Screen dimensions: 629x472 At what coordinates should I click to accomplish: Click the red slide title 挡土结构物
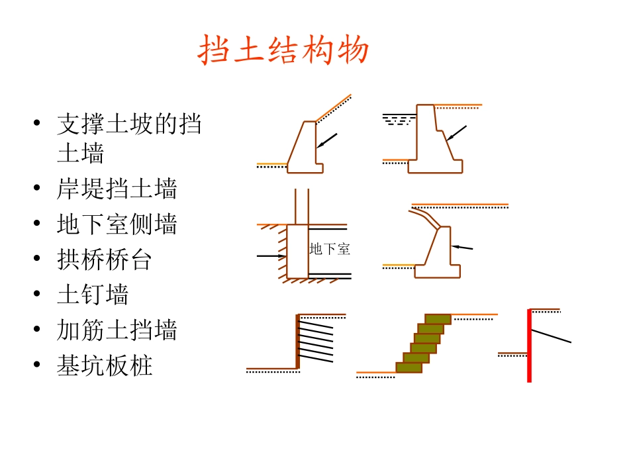click(x=283, y=51)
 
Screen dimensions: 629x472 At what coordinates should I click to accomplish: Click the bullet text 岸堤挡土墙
click(x=117, y=189)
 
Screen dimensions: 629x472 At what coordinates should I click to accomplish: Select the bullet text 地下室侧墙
click(x=117, y=224)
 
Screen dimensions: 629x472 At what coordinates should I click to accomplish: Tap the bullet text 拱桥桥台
click(x=105, y=260)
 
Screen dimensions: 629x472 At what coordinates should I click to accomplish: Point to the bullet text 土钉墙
click(x=93, y=295)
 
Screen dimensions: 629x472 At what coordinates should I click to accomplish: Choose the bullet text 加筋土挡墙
click(x=117, y=330)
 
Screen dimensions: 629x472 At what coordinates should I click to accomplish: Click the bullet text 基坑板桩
click(x=105, y=365)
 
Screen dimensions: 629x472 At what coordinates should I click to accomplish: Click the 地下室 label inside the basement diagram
click(x=330, y=250)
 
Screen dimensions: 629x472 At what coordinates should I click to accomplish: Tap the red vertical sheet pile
click(x=529, y=345)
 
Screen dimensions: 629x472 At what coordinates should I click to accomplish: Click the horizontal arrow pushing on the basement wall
click(x=271, y=256)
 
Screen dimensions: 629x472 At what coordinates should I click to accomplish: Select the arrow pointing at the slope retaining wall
click(x=327, y=140)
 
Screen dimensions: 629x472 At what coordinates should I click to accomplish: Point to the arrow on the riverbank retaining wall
click(x=456, y=133)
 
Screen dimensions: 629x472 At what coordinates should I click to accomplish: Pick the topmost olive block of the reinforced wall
click(x=438, y=319)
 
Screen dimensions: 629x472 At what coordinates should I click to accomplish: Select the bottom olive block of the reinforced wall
click(x=409, y=367)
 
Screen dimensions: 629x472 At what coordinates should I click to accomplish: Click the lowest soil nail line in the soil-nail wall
click(x=316, y=360)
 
